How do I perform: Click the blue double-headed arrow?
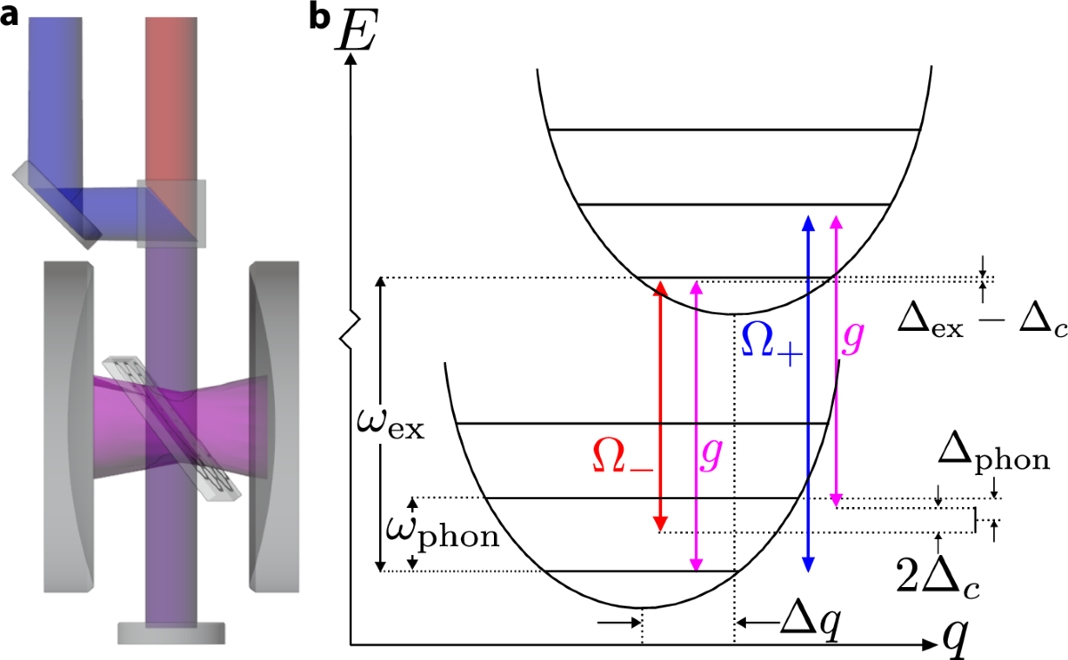(x=808, y=391)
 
